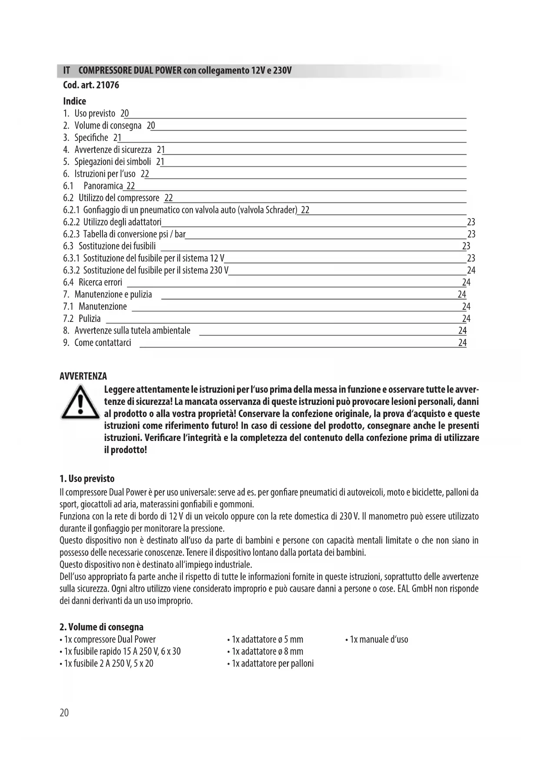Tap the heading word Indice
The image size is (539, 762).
click(75, 101)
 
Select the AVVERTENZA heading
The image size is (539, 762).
click(83, 376)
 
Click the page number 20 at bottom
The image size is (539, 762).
click(64, 713)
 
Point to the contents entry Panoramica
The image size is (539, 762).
click(103, 186)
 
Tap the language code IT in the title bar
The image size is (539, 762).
click(67, 70)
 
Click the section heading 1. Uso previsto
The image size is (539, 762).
click(87, 479)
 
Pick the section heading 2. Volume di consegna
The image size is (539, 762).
click(101, 627)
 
